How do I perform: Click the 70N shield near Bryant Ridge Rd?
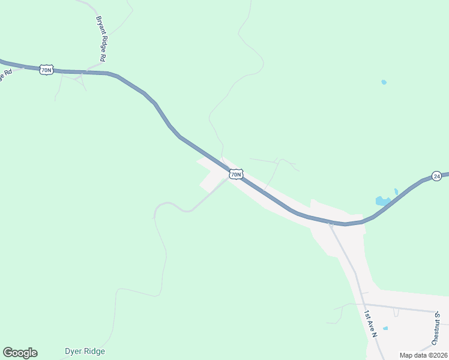47,70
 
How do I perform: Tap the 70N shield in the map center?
236,175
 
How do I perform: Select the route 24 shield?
437,176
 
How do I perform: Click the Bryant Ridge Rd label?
101,39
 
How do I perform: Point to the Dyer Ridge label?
85,351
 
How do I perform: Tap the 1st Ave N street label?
370,324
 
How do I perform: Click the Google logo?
20,353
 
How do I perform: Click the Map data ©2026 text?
423,355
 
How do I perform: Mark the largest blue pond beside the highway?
382,201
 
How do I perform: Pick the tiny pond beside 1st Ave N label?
385,328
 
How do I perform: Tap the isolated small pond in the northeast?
384,82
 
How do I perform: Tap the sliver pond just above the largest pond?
396,192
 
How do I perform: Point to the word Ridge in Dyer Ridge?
95,351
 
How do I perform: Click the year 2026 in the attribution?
438,355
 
